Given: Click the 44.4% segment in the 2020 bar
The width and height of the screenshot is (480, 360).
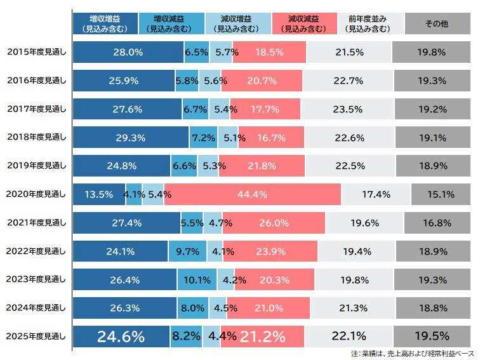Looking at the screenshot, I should pos(252,194).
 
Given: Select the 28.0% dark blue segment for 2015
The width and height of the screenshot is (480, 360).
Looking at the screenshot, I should pos(128,52).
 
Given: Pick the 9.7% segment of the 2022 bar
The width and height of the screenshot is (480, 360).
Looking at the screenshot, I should pos(187,251).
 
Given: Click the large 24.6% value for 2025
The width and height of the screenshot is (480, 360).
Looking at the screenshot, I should pos(121,337).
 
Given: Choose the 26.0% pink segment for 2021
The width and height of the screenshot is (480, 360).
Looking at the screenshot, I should pos(274,223).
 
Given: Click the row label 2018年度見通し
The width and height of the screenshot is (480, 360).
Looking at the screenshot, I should pos(36,137).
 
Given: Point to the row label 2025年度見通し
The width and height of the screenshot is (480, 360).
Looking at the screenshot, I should pos(36,337).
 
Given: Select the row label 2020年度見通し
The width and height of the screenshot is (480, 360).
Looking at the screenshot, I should pos(36,194).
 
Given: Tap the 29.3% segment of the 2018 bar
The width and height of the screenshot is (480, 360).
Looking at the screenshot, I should pos(131,137).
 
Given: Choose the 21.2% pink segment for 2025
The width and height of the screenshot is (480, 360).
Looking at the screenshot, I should pos(261,337).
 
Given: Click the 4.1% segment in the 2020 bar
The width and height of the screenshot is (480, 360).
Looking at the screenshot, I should pos(134,194).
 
